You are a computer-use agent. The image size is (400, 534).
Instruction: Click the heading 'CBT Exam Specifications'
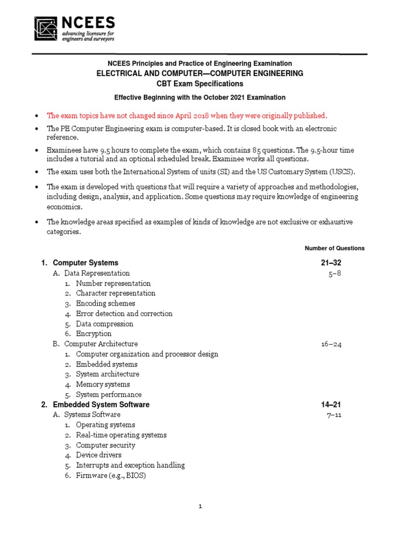coord(199,83)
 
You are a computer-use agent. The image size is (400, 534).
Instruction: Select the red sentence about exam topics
coord(187,115)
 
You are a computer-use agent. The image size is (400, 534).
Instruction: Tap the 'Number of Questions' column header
coord(334,248)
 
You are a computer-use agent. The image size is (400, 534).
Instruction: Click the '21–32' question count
coord(331,263)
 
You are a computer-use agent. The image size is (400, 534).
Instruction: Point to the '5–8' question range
coord(334,273)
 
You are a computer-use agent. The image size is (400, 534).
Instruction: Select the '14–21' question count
coord(331,405)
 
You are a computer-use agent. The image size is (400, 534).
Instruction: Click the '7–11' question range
coord(334,415)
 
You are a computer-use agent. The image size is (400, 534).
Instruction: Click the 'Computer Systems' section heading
coord(85,263)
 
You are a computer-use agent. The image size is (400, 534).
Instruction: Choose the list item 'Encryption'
coord(94,334)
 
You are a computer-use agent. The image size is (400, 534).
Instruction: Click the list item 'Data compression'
coord(104,324)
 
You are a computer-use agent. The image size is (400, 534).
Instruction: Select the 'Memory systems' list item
coord(103,384)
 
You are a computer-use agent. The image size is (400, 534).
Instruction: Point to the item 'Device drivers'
coord(98,455)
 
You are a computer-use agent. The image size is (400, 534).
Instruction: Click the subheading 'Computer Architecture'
coord(101,344)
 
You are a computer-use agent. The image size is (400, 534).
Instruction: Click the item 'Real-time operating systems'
coord(121,435)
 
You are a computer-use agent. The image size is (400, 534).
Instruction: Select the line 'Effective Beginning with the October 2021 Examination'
coord(199,98)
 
